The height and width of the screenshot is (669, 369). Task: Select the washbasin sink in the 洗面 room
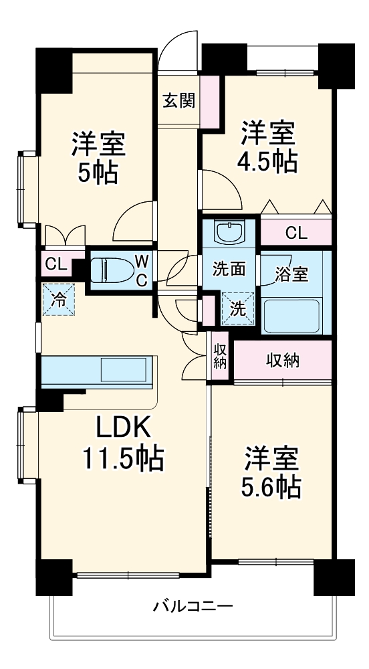click(229, 233)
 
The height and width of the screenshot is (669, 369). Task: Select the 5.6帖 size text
click(271, 486)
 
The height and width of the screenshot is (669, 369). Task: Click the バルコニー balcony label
click(193, 607)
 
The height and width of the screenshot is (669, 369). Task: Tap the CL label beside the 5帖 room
click(55, 264)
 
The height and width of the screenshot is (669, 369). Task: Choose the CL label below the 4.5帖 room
click(295, 233)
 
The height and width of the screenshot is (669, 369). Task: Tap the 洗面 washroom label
click(229, 270)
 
